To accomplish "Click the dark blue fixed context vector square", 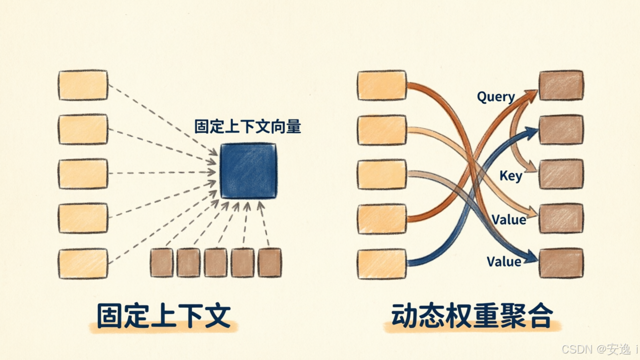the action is pyautogui.click(x=248, y=171).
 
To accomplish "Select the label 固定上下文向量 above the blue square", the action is pyautogui.click(x=247, y=126).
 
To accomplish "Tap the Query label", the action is pyautogui.click(x=496, y=97).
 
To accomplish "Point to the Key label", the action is pyautogui.click(x=511, y=175).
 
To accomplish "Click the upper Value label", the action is pyautogui.click(x=509, y=219).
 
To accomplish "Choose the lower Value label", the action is pyautogui.click(x=504, y=261).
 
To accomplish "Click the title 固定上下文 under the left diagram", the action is pyautogui.click(x=163, y=315).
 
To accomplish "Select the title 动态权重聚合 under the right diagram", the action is pyautogui.click(x=471, y=315).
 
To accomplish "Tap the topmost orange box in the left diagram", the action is pyautogui.click(x=83, y=85).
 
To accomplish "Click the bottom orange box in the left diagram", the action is pyautogui.click(x=83, y=263).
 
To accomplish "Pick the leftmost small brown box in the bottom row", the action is pyautogui.click(x=161, y=262).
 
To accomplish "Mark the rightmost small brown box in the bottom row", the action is pyautogui.click(x=269, y=262).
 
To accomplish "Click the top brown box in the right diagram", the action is pyautogui.click(x=561, y=85).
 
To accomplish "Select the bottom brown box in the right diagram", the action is pyautogui.click(x=561, y=263).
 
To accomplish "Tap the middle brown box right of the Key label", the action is pyautogui.click(x=561, y=174).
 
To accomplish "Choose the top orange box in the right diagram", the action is pyautogui.click(x=382, y=85).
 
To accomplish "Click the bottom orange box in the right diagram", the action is pyautogui.click(x=382, y=263).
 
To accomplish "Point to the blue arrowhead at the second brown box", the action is pyautogui.click(x=532, y=132).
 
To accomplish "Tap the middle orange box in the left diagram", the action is pyautogui.click(x=83, y=174).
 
